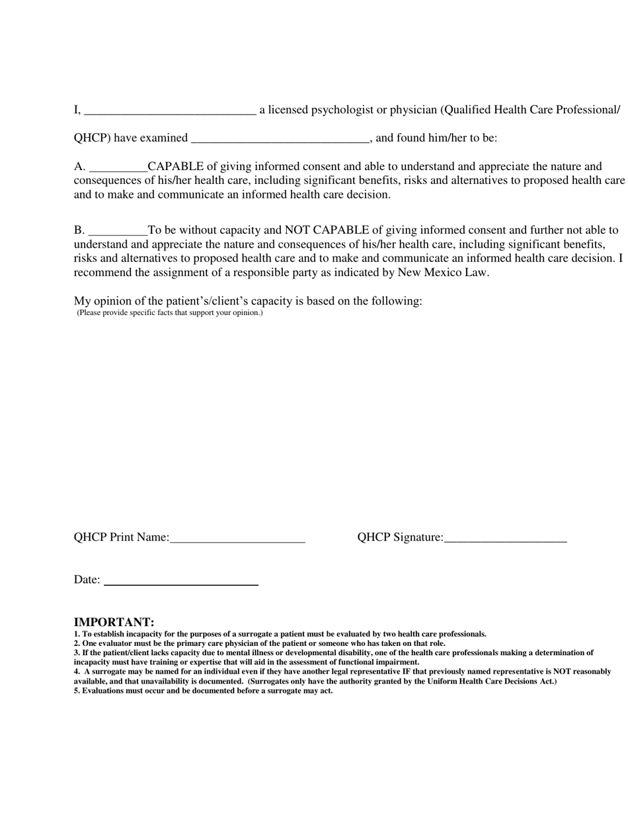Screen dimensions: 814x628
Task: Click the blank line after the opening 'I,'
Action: [x=170, y=111]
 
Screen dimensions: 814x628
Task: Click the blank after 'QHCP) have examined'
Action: [x=280, y=139]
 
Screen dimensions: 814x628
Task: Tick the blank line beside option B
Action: [x=118, y=232]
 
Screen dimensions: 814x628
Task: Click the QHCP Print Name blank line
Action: [x=237, y=539]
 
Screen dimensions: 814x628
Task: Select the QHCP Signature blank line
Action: [x=506, y=539]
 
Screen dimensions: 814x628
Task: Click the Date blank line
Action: [x=181, y=581]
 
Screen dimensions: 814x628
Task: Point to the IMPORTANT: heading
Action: [x=114, y=622]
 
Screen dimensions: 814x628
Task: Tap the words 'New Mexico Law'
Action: [x=442, y=273]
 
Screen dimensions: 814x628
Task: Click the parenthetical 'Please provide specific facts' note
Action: [x=170, y=312]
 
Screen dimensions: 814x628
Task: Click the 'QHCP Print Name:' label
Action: [x=122, y=537]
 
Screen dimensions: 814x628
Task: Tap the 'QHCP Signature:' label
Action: [x=401, y=537]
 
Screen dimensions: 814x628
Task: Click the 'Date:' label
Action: [x=87, y=580]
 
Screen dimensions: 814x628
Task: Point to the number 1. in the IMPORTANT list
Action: [x=77, y=634]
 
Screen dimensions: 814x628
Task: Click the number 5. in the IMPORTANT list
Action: [x=77, y=691]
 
